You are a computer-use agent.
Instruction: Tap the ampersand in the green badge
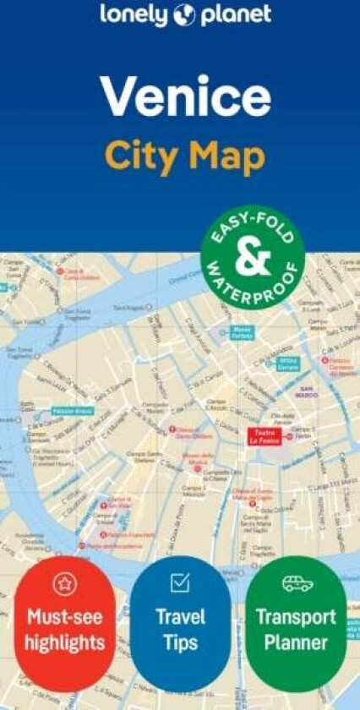[253, 259]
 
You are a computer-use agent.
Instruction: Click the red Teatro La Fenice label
[264, 436]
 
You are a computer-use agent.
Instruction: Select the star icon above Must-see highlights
[65, 582]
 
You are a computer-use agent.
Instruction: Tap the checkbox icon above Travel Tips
[180, 582]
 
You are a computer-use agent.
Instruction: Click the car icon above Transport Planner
[297, 583]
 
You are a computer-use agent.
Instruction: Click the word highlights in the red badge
[64, 643]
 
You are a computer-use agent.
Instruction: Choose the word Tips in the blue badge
[180, 643]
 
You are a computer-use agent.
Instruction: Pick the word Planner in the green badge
[296, 643]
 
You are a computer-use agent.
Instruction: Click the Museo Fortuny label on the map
[243, 333]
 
